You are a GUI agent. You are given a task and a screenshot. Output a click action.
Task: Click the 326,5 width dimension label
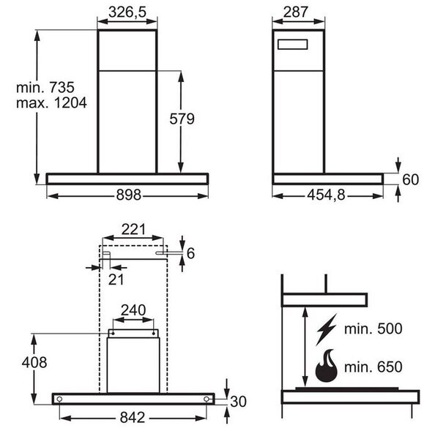click(x=127, y=12)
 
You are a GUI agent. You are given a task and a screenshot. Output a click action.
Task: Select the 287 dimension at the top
click(x=296, y=12)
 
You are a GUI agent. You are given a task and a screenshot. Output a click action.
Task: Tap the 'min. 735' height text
click(x=45, y=87)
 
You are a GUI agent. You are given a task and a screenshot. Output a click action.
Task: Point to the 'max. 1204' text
click(x=51, y=102)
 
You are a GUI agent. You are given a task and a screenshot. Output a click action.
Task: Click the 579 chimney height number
click(x=182, y=119)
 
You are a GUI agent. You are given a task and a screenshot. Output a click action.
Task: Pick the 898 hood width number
click(x=129, y=195)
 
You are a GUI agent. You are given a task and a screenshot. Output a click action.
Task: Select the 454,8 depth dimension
click(x=327, y=195)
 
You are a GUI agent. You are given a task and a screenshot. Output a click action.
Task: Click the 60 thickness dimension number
click(x=411, y=179)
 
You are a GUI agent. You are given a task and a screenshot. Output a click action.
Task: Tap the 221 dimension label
click(x=133, y=230)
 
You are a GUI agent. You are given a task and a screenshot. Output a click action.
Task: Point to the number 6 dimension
click(x=190, y=253)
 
